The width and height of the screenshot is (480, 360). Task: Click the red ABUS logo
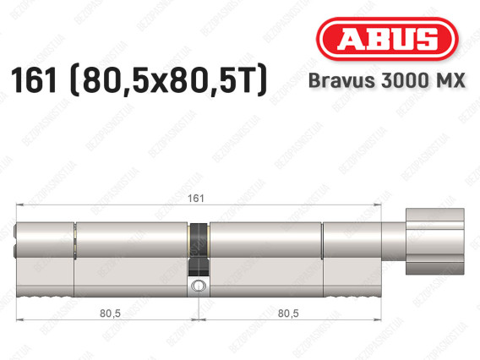(387, 39)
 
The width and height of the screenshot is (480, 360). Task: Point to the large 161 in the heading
(34, 79)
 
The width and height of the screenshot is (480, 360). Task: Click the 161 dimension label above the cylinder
(196, 199)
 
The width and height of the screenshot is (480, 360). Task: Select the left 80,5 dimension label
(110, 314)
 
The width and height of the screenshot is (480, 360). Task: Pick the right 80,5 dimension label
(288, 314)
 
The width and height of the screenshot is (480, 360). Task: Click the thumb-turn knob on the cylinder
(435, 241)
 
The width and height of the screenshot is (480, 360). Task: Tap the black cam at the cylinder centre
(199, 250)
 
